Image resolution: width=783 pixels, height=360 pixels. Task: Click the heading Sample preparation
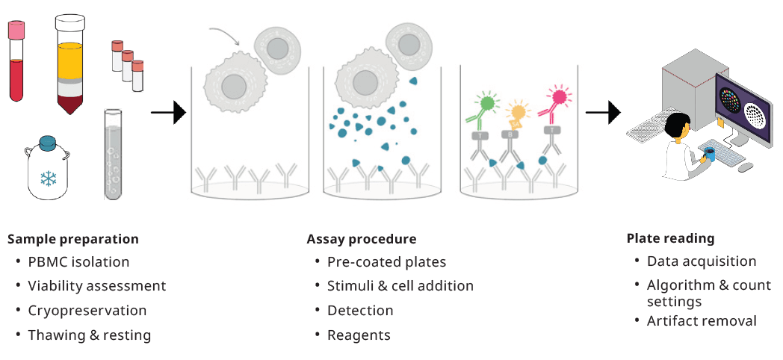(x=73, y=240)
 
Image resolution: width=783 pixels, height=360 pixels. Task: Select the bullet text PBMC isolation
(x=78, y=262)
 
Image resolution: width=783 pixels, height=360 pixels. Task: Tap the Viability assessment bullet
(x=96, y=286)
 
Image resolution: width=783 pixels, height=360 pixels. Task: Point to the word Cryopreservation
(x=87, y=310)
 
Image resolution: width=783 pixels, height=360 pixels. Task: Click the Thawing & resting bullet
(x=89, y=335)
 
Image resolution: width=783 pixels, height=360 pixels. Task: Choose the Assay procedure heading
(x=362, y=240)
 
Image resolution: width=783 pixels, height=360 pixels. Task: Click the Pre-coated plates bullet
(x=386, y=262)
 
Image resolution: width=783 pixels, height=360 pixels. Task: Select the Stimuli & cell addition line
(x=400, y=286)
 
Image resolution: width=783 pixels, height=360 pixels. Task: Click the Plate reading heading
(x=670, y=239)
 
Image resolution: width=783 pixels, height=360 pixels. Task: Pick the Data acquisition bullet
(x=702, y=261)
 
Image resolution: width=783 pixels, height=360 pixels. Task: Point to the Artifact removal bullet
(x=702, y=321)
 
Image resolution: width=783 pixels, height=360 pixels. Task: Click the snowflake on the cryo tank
(x=49, y=180)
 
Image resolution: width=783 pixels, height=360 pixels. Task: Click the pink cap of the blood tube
(x=16, y=30)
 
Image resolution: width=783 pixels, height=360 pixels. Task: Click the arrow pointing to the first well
(x=168, y=114)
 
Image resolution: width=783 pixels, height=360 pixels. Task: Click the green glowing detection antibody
(x=486, y=104)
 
